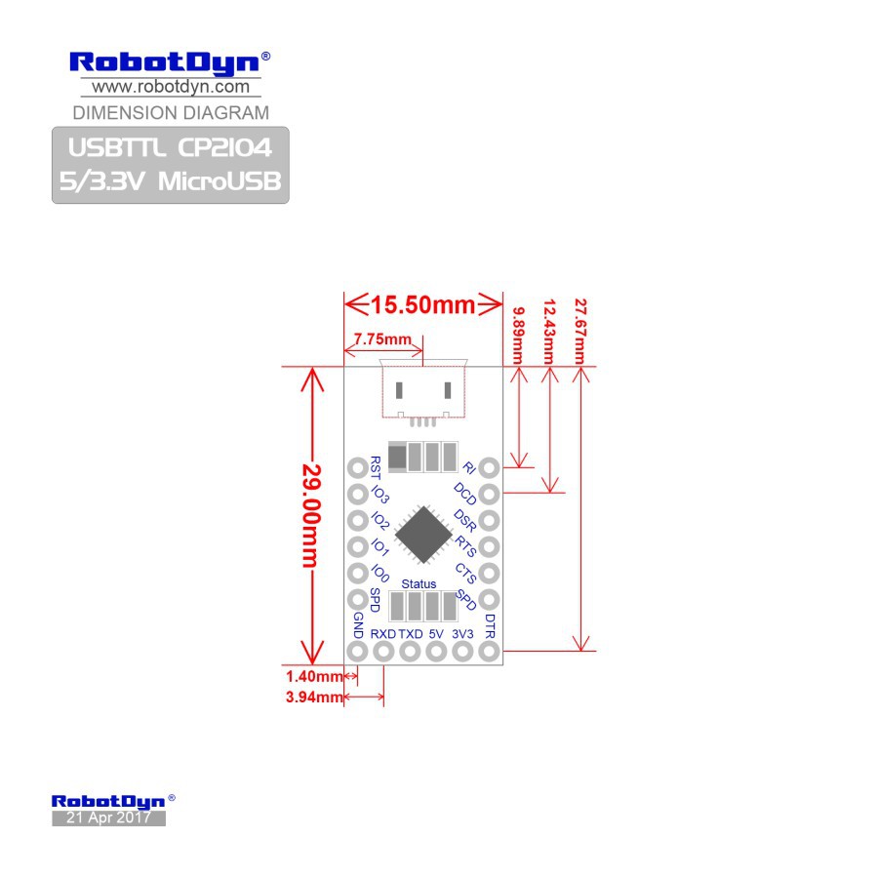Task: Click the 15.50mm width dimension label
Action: pyautogui.click(x=422, y=304)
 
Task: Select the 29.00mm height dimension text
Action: pyautogui.click(x=311, y=514)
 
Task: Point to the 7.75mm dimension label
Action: pyautogui.click(x=382, y=339)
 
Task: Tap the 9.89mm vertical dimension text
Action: pyautogui.click(x=518, y=335)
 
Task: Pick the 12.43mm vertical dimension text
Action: pyautogui.click(x=549, y=331)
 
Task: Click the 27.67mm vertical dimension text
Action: pyautogui.click(x=581, y=331)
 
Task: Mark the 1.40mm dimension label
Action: pyautogui.click(x=313, y=675)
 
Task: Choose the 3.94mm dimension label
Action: pyautogui.click(x=313, y=697)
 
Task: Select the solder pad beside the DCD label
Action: pyautogui.click(x=490, y=494)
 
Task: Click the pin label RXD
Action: pyautogui.click(x=382, y=634)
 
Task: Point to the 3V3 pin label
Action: pyautogui.click(x=463, y=634)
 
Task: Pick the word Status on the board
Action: pyautogui.click(x=419, y=583)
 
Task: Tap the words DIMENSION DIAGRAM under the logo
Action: pyautogui.click(x=171, y=112)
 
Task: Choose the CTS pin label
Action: pyautogui.click(x=466, y=573)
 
